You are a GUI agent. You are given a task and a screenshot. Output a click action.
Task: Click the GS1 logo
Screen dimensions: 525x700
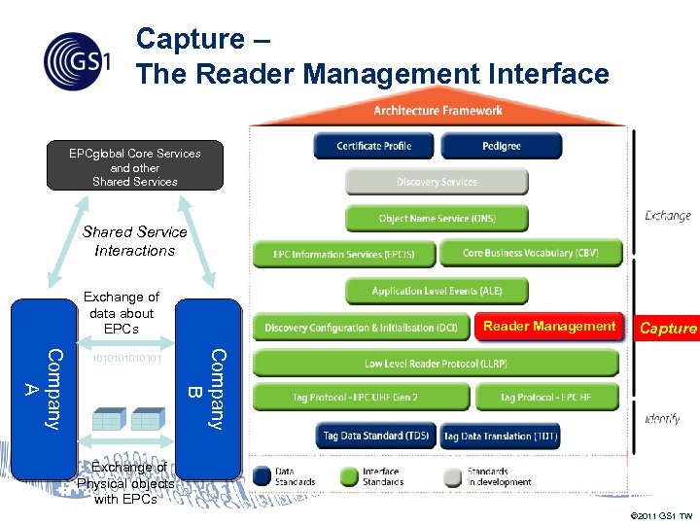coord(78,61)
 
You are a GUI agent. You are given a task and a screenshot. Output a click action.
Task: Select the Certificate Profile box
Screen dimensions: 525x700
coord(373,146)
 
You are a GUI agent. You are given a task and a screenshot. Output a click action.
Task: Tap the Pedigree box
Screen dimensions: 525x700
coord(501,146)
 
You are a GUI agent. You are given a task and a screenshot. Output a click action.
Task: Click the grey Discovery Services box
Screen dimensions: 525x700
coord(437,182)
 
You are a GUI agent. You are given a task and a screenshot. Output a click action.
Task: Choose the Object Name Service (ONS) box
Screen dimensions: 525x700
coord(437,219)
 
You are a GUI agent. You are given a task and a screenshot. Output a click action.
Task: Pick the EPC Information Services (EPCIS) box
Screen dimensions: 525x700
coord(343,255)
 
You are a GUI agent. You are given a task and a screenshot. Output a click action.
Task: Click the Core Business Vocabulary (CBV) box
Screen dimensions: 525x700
coord(530,253)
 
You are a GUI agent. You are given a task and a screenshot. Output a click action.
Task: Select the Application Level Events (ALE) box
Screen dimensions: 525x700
coord(437,291)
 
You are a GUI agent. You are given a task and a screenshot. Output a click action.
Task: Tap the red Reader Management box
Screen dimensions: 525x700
coord(549,327)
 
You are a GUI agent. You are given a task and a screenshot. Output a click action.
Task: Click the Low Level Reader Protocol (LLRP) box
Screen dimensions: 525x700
coord(436,364)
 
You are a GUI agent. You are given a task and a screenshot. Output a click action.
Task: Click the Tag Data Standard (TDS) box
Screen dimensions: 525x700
coord(376,436)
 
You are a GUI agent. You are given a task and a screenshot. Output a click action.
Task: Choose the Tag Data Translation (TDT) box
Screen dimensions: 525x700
coord(501,437)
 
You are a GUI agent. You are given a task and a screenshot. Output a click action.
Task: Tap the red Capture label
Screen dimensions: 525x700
coord(667,329)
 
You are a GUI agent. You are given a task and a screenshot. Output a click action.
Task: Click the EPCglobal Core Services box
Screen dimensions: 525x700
coord(135,166)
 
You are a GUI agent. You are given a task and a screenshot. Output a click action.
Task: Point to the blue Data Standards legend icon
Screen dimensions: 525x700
coord(261,476)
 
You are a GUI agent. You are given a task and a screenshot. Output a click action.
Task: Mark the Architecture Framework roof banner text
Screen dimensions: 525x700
coord(437,111)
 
